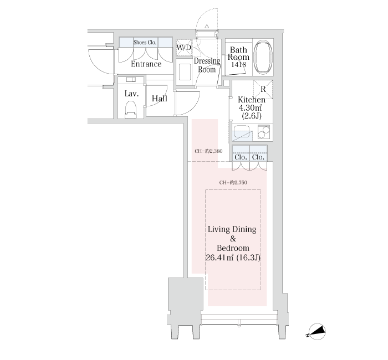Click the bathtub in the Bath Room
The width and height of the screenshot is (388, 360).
(x=263, y=57)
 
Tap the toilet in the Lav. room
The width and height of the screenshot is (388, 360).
(x=131, y=110)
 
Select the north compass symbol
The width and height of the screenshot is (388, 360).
(x=316, y=331)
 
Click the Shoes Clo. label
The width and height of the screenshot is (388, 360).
(x=145, y=42)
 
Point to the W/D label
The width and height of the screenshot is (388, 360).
(x=184, y=47)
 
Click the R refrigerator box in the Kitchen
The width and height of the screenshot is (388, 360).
(x=263, y=89)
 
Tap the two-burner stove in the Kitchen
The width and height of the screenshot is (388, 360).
(x=264, y=132)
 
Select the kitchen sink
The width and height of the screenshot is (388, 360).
(x=243, y=133)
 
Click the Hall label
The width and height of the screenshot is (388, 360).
(x=160, y=99)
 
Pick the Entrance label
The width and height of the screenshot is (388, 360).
(x=146, y=64)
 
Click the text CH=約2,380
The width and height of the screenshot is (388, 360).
(x=208, y=151)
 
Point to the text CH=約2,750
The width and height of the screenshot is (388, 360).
(x=233, y=183)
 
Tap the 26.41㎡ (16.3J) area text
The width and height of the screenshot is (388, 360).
(x=233, y=258)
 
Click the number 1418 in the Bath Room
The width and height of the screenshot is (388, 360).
(x=238, y=65)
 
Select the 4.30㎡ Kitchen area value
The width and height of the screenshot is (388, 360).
(x=250, y=108)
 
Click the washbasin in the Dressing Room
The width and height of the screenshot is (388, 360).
(x=185, y=72)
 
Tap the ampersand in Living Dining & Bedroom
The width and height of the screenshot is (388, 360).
(x=233, y=239)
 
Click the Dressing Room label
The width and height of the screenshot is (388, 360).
(x=207, y=65)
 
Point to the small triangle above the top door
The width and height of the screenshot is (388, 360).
(x=207, y=26)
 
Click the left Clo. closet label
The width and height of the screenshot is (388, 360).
(x=241, y=157)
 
